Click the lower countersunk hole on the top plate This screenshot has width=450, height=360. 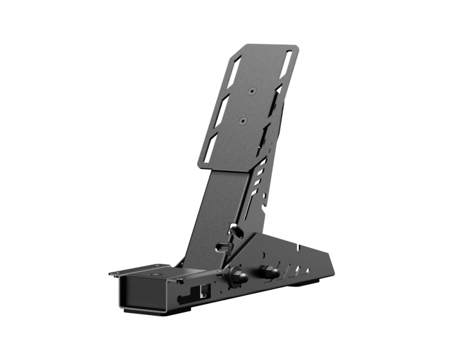[242, 120]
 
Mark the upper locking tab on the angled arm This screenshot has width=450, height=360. [236, 230]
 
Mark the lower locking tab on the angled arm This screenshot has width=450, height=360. [224, 247]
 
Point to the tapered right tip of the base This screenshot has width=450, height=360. [332, 270]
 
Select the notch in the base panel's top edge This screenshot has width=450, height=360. [297, 246]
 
